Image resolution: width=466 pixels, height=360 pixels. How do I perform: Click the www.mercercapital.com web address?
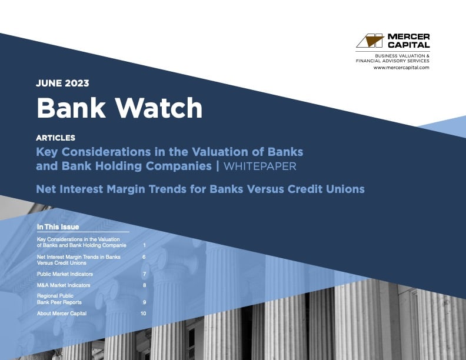point(401,68)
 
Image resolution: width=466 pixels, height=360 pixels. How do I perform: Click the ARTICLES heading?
point(55,138)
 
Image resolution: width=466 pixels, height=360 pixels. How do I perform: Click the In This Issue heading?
point(58,227)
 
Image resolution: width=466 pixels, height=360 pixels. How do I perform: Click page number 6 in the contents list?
point(144,257)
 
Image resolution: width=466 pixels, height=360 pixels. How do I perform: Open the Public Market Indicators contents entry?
point(65,274)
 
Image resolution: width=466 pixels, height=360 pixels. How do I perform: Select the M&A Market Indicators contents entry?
point(64,285)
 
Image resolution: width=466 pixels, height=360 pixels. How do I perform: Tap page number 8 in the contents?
point(144,285)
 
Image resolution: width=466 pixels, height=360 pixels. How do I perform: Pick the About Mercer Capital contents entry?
point(61,314)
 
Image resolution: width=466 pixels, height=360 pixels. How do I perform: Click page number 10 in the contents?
point(143,314)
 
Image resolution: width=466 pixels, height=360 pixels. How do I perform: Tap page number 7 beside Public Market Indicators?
point(144,274)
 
